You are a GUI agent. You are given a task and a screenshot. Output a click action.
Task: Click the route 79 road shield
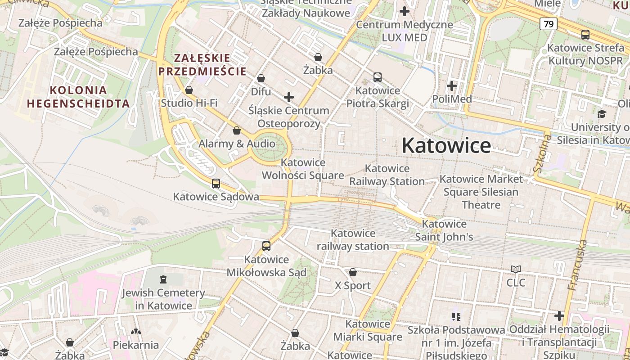[x=548, y=24]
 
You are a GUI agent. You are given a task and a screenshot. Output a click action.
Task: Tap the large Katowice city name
[x=446, y=145]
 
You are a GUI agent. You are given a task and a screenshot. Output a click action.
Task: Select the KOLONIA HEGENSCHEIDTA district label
[x=78, y=97]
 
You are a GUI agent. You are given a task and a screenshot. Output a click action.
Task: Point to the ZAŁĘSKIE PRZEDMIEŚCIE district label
[x=202, y=64]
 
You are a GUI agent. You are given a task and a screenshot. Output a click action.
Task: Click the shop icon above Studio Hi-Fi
[x=189, y=90]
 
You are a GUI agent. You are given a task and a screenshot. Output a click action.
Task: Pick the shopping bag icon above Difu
[x=261, y=79]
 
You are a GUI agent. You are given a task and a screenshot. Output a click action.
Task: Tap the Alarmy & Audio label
[x=237, y=144]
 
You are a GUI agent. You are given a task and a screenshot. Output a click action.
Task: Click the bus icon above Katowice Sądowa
[x=216, y=184]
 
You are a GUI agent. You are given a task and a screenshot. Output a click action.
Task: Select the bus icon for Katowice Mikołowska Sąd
[x=266, y=246]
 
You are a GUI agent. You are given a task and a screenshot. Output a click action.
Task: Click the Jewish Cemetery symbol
[x=163, y=279]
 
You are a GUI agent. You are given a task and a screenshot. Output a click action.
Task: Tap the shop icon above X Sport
[x=353, y=272]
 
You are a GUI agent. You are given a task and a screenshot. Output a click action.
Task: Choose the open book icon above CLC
[x=516, y=270]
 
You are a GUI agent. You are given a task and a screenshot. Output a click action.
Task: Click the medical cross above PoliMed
[x=452, y=85]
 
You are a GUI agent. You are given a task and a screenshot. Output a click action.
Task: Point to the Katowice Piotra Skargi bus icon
[x=377, y=77]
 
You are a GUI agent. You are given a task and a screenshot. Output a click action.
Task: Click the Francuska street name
[x=578, y=265]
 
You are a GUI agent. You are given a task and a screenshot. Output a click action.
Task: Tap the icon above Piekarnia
[x=135, y=332]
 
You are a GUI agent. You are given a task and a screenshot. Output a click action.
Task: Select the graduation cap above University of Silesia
[x=602, y=114]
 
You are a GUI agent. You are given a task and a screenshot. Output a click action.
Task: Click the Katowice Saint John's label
[x=444, y=230]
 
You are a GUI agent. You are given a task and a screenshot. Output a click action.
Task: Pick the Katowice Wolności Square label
[x=303, y=169]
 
